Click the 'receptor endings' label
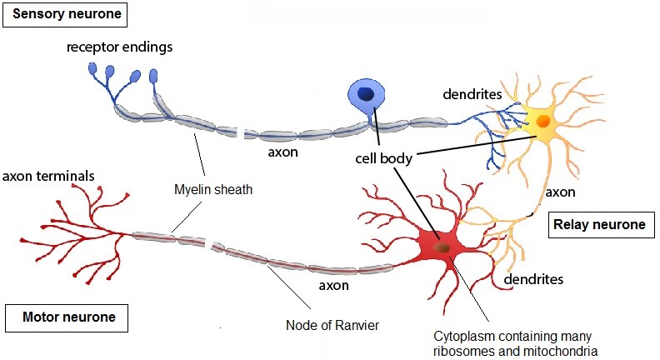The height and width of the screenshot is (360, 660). [120, 47]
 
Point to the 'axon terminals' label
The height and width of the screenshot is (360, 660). [47, 176]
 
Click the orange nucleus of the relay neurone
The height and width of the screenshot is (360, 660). [542, 122]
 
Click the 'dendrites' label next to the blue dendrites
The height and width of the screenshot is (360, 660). [472, 94]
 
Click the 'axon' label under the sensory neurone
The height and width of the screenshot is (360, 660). [282, 152]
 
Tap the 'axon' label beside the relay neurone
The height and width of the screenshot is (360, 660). [559, 192]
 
